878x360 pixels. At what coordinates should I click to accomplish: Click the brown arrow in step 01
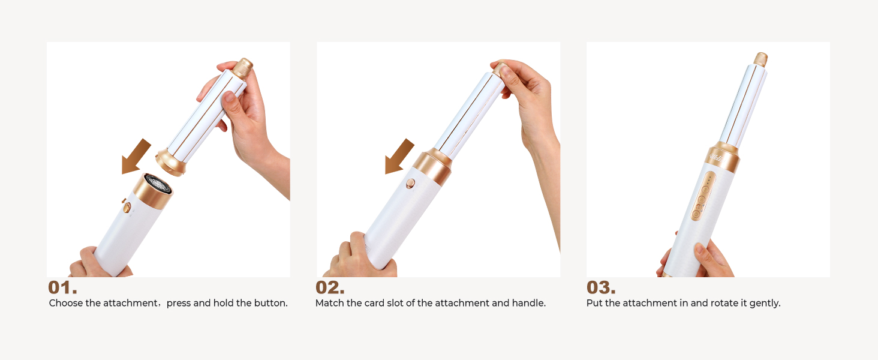coord(136,156)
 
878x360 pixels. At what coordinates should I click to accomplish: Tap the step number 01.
coord(62,287)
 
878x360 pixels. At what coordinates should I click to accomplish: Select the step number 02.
coord(330,287)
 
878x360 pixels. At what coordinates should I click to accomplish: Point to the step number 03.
coord(601,287)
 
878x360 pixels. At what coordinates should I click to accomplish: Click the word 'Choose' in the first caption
coord(66,303)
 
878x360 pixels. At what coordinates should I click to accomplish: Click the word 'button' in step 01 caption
coord(271,303)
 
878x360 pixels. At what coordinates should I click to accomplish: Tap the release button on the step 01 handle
coord(127,208)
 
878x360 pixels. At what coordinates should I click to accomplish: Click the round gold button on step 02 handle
coord(411,184)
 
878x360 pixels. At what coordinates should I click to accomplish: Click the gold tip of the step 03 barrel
coord(760,59)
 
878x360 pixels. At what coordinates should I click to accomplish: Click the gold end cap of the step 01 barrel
coord(243,67)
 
